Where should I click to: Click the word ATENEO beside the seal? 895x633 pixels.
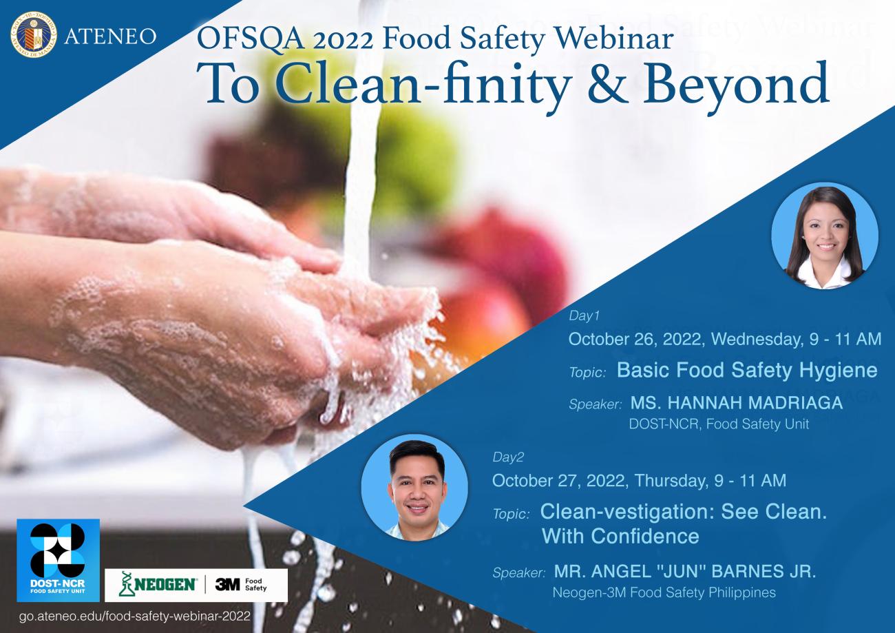[x=111, y=35]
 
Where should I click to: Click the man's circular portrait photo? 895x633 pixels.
[x=414, y=487]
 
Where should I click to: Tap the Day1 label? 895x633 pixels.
[x=585, y=316]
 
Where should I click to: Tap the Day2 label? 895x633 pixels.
[x=508, y=457]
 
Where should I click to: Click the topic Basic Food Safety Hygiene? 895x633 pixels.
[x=746, y=371]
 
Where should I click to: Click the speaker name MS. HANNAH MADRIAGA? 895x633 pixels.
[x=737, y=403]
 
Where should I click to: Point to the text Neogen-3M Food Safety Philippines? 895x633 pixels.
[x=664, y=592]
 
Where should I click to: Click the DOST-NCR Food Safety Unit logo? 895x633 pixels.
[x=59, y=559]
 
